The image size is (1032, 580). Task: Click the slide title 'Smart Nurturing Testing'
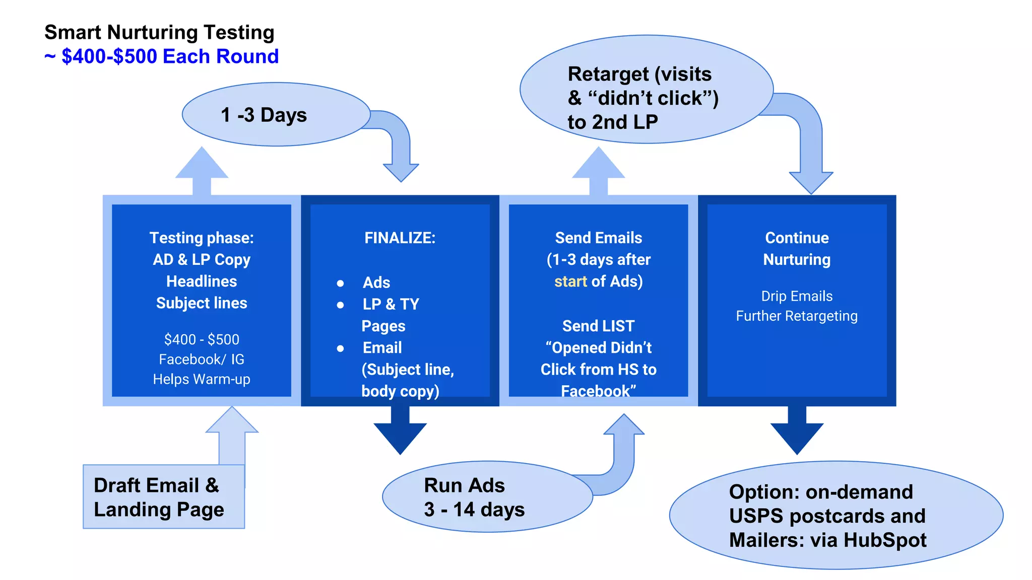pyautogui.click(x=159, y=33)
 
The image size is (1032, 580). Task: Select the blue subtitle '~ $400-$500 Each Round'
pyautogui.click(x=161, y=56)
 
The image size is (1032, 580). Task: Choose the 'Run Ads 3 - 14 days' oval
pyautogui.click(x=474, y=497)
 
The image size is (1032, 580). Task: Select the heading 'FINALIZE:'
pyautogui.click(x=400, y=238)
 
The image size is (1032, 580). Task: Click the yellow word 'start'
pyautogui.click(x=570, y=281)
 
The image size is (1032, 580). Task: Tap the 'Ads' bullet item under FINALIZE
pyautogui.click(x=376, y=282)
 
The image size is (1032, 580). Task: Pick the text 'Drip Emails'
pyautogui.click(x=797, y=296)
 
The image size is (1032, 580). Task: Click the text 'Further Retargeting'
pyautogui.click(x=797, y=316)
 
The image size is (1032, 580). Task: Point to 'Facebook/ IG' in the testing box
pyautogui.click(x=202, y=359)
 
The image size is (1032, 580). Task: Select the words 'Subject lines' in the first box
pyautogui.click(x=202, y=303)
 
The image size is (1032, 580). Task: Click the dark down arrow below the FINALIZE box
pyautogui.click(x=400, y=433)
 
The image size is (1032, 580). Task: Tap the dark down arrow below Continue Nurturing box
pyautogui.click(x=797, y=433)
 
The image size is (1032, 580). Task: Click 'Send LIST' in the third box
pyautogui.click(x=598, y=326)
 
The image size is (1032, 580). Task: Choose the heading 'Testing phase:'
pyautogui.click(x=202, y=238)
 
